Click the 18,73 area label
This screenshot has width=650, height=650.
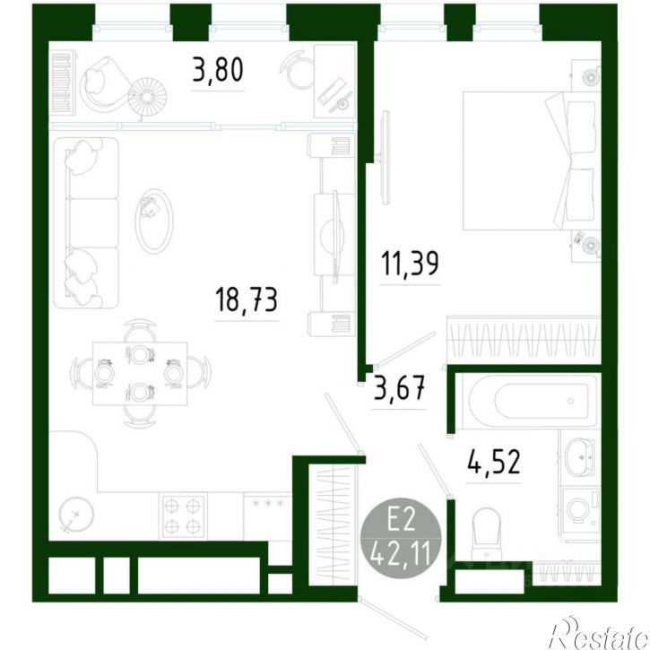point(247,299)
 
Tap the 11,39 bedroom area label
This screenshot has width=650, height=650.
point(410,264)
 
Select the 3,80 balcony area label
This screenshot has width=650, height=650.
point(218,70)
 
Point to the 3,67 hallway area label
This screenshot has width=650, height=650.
point(400,388)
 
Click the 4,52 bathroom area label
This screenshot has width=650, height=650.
point(494,462)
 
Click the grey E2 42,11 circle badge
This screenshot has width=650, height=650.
point(401,538)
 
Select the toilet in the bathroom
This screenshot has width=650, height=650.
point(487,534)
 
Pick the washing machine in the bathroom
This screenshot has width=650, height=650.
point(581,508)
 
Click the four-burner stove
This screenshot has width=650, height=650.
point(183,516)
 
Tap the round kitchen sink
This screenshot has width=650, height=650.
point(76,515)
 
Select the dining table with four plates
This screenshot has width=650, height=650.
point(140,374)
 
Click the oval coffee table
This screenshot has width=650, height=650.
point(154,221)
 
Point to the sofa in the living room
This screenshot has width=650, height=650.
point(87,222)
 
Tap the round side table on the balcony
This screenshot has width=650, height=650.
point(147,97)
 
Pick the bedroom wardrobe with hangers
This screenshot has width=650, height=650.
point(524,340)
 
